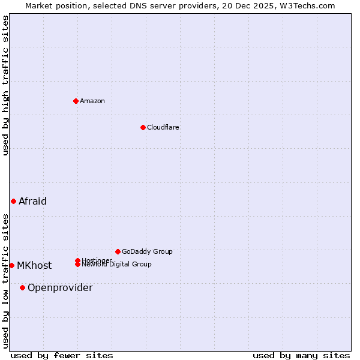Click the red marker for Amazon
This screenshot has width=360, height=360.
pos(76,101)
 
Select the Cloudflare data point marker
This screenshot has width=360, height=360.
pos(143,127)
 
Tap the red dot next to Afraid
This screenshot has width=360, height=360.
pos(13,201)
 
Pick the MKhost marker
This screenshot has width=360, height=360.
pos(11,265)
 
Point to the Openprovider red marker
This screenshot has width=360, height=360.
pos(22,287)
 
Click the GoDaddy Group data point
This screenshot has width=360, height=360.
pos(118,251)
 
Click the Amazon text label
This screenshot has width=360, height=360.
pos(92,101)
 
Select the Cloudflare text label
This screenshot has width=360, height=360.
pos(163,127)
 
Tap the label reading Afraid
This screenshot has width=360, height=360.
pos(32,201)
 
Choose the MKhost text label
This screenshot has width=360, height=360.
pos(34,265)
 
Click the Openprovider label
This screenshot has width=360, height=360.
pos(60,287)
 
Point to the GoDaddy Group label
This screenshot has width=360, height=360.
pos(147,251)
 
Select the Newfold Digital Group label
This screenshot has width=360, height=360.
pos(116,265)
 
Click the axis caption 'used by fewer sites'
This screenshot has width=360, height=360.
pos(62,355)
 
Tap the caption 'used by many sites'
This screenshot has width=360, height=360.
pos(301,355)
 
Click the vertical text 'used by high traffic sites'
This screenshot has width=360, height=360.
pos(5,85)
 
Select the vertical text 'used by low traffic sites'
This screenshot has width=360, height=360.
pos(5,280)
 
